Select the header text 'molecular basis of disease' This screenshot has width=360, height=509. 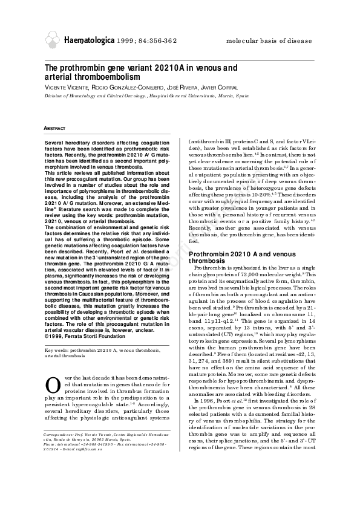(270, 41)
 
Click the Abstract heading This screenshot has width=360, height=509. (55, 128)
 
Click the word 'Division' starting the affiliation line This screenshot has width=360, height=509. (55, 96)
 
